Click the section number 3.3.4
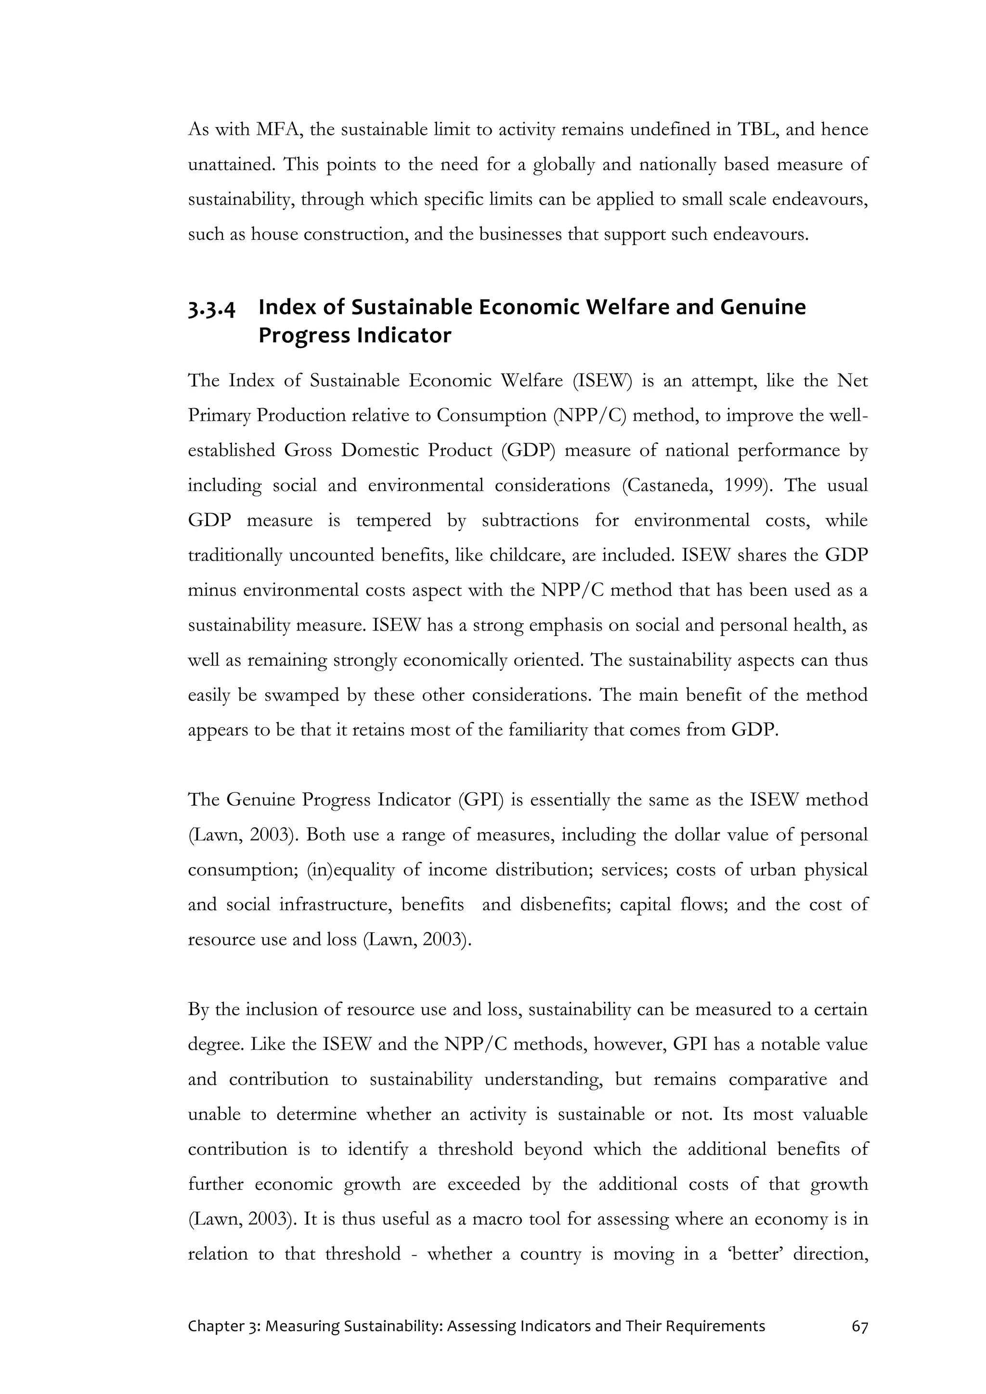point(211,309)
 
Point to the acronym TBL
point(755,130)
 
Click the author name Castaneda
point(668,486)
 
